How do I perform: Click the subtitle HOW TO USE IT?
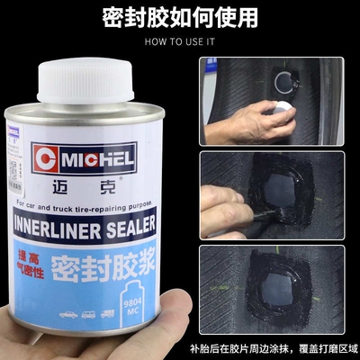click(x=179, y=41)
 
